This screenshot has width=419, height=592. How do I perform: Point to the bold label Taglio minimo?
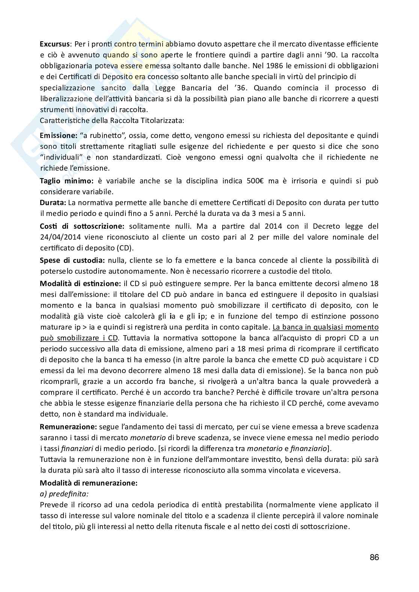[x=67, y=181]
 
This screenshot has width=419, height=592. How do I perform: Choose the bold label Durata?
[x=53, y=202]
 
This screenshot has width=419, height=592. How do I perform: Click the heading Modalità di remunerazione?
[x=89, y=483]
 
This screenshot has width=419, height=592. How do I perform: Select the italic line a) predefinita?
[x=64, y=494]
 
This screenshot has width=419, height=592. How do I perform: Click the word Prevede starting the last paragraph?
[x=53, y=505]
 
